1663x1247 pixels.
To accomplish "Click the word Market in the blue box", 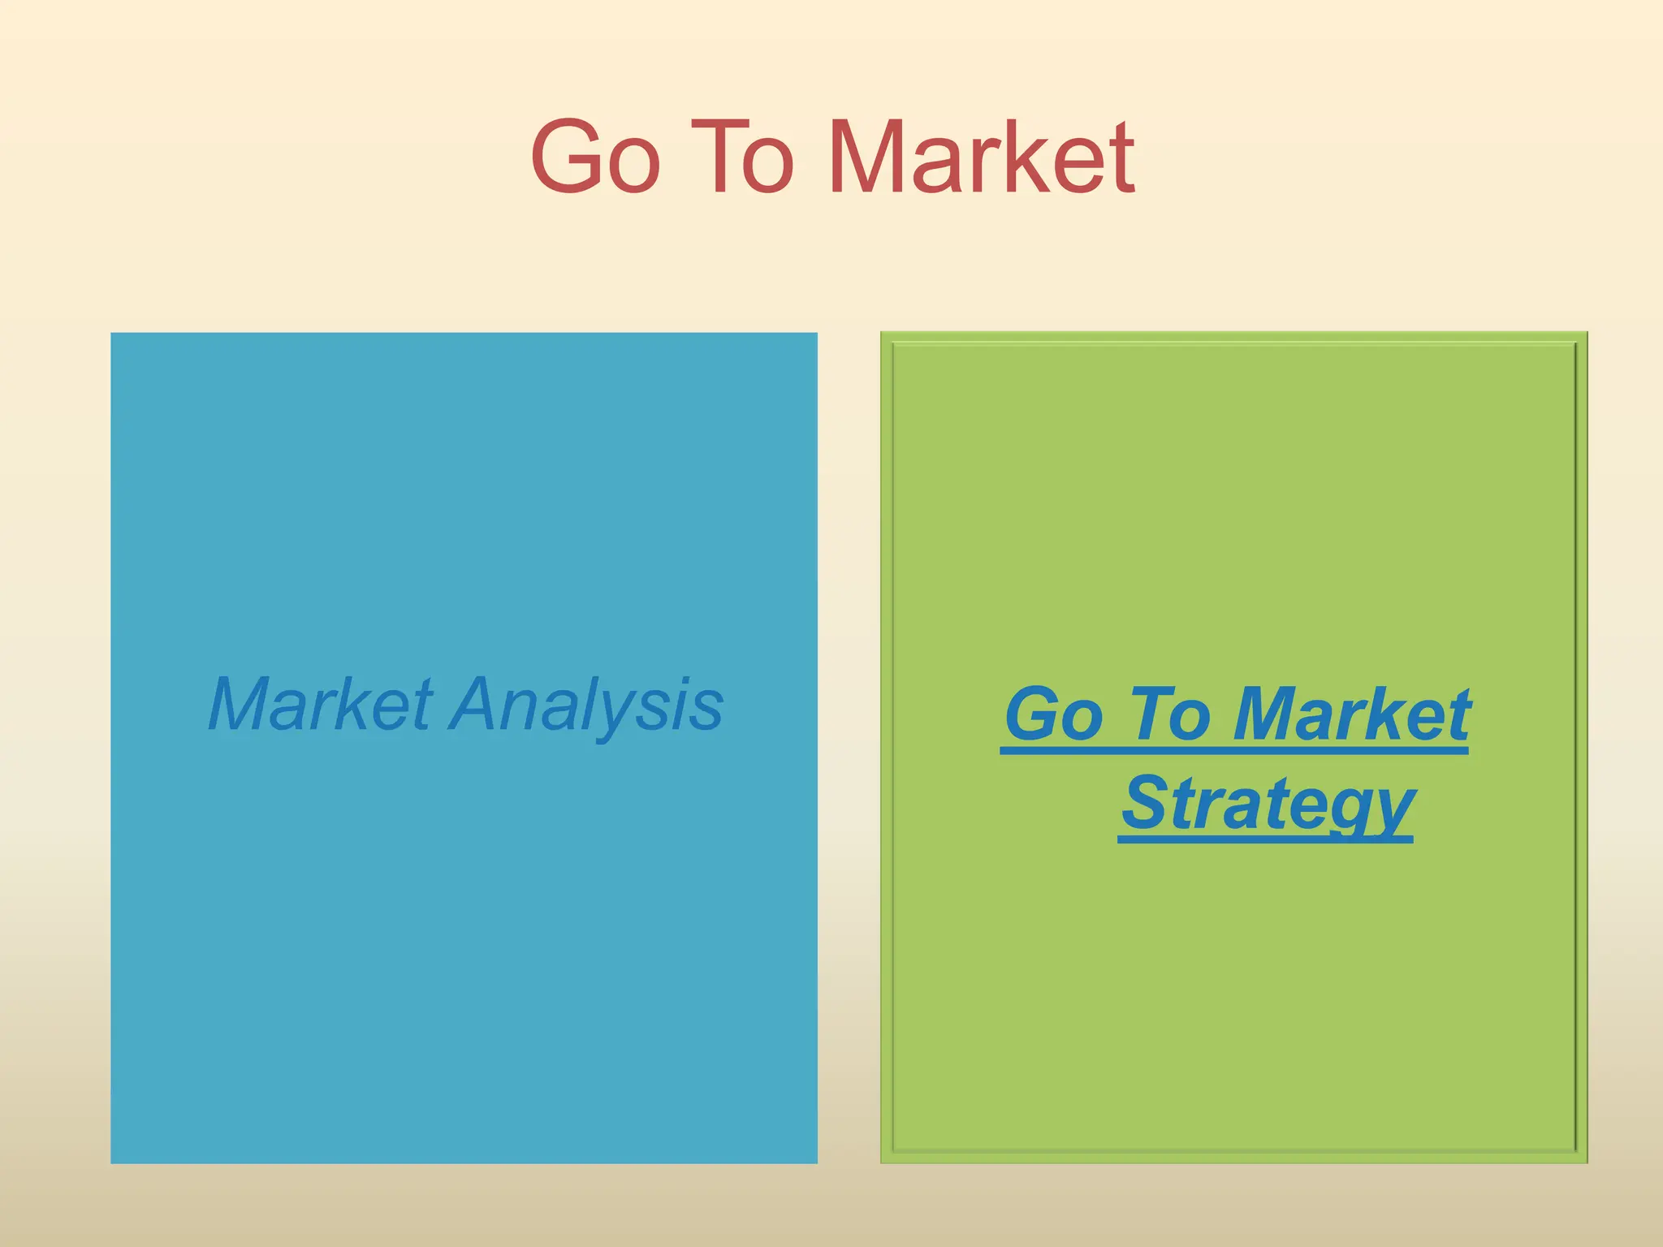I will click(x=321, y=705).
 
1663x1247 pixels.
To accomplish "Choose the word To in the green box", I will click(x=1168, y=714).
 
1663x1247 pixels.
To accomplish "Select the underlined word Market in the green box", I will click(x=1351, y=714).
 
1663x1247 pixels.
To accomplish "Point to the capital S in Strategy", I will click(x=1144, y=802).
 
